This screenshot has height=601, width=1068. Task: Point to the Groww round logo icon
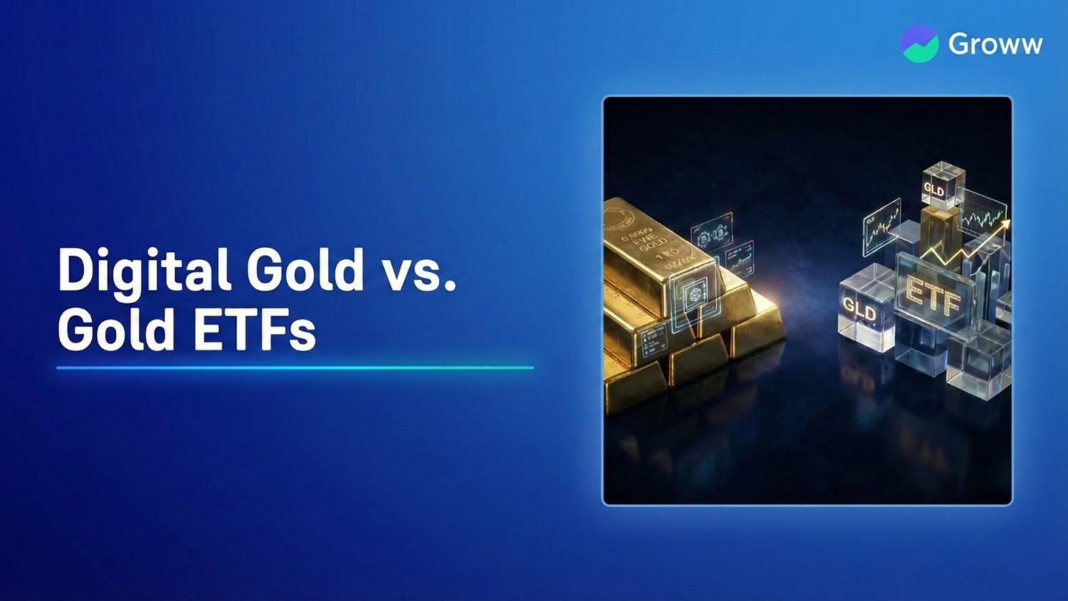tap(919, 43)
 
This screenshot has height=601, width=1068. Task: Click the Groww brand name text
tap(995, 44)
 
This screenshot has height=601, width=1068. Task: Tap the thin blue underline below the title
tap(295, 367)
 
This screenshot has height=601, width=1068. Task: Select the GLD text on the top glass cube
tap(934, 190)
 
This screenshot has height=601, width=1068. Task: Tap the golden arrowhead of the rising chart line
tap(1005, 226)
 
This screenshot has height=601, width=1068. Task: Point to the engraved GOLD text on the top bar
tap(652, 244)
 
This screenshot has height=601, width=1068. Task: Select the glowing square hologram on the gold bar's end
tap(695, 296)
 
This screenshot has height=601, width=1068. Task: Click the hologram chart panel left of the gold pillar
tap(881, 226)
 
